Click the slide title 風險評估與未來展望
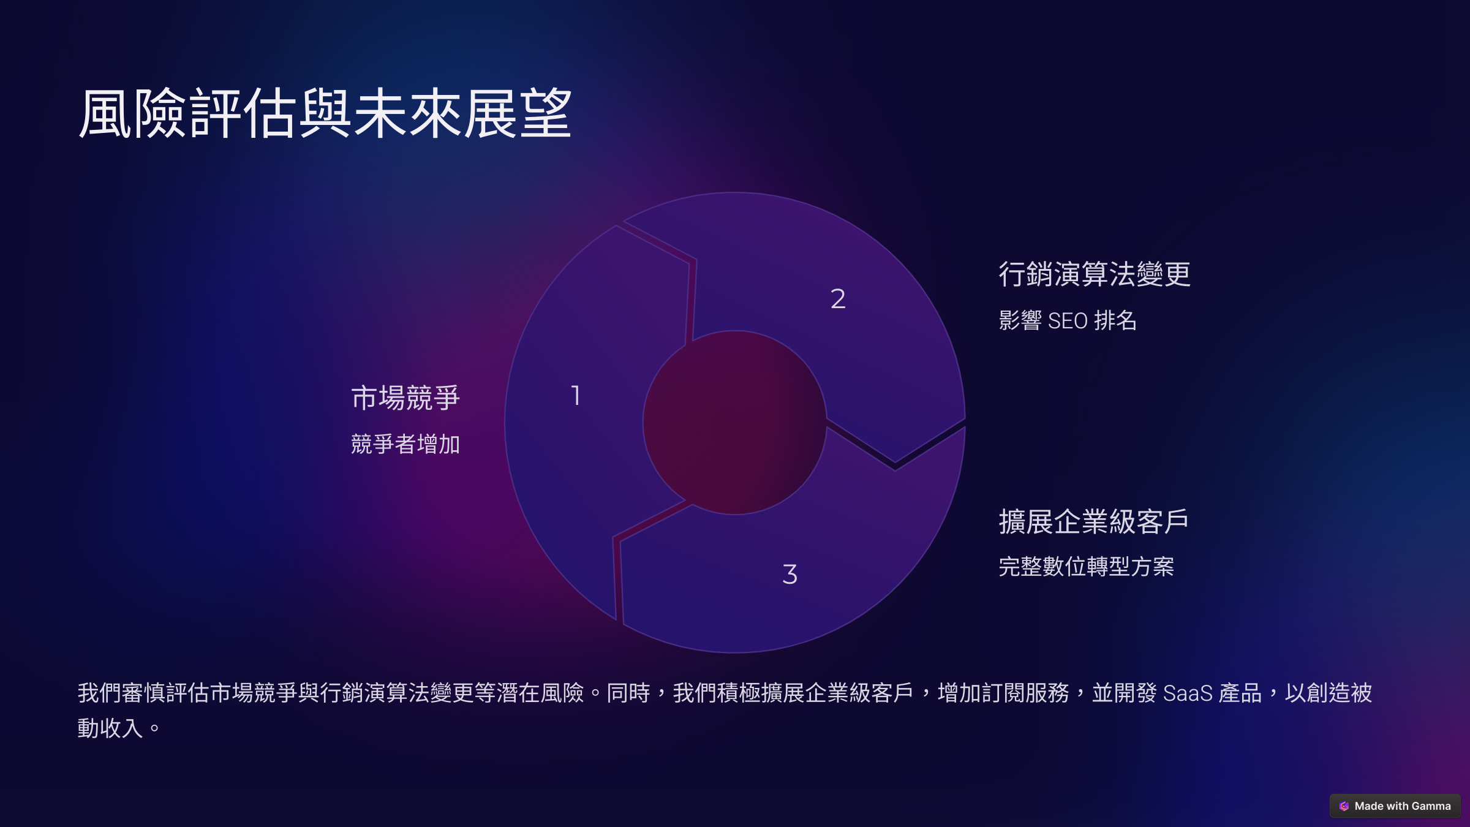tap(325, 113)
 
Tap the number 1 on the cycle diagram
tap(576, 395)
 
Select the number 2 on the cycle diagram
tap(838, 298)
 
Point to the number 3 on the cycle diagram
tap(790, 574)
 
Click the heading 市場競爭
tap(405, 398)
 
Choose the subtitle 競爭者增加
tap(405, 444)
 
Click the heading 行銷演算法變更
tap(1095, 274)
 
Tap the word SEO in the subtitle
tap(1068, 321)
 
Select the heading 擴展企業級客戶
tap(1094, 521)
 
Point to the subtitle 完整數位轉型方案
tap(1086, 566)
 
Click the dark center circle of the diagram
tap(735, 423)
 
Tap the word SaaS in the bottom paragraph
tap(1188, 693)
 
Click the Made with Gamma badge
tap(1395, 806)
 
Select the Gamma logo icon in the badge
tap(1344, 806)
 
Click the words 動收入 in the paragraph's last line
tap(110, 728)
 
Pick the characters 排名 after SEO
tap(1115, 321)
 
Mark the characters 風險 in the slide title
tap(132, 113)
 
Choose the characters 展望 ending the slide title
tap(518, 113)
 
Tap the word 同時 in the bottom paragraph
tap(628, 693)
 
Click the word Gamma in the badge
tap(1431, 806)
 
